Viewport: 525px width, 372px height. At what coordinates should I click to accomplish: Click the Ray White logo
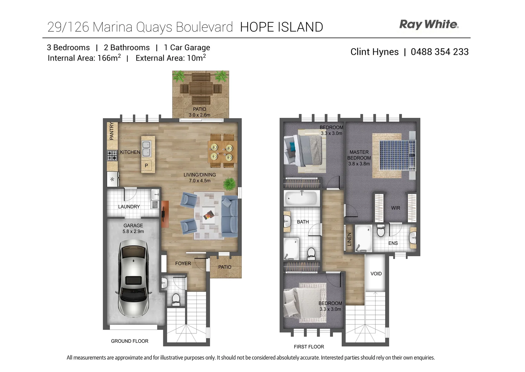[x=429, y=24]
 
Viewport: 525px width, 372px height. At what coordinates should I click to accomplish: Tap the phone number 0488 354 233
[x=440, y=52]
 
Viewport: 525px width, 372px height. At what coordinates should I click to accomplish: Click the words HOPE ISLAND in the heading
[x=281, y=27]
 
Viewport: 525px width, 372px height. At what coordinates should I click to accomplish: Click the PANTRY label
[x=112, y=131]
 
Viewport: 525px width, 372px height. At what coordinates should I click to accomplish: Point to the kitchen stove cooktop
[x=112, y=156]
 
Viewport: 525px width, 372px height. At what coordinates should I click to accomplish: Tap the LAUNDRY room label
[x=129, y=207]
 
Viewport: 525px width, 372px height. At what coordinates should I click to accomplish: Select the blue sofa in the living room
[x=229, y=216]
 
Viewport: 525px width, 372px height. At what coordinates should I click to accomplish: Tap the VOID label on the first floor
[x=376, y=273]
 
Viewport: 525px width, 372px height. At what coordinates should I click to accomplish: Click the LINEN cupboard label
[x=349, y=239]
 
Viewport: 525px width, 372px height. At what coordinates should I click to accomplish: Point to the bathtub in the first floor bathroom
[x=301, y=198]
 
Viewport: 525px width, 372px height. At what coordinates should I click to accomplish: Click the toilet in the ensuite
[x=381, y=231]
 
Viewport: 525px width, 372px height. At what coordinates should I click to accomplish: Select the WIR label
[x=395, y=208]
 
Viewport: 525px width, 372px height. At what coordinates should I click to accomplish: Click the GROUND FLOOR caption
[x=130, y=341]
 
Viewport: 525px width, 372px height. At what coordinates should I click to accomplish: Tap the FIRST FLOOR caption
[x=309, y=347]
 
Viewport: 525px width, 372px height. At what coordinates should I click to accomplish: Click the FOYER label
[x=183, y=263]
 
